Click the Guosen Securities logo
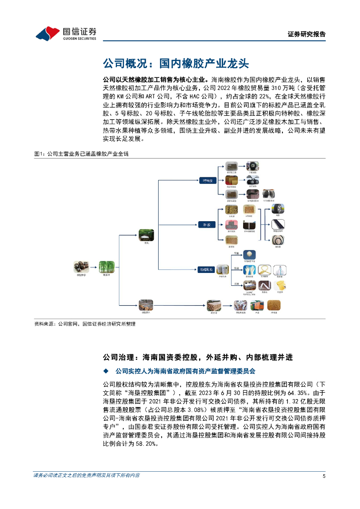(66, 33)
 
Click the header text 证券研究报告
(307, 34)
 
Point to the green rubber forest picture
(106, 266)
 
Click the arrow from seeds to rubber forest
(93, 267)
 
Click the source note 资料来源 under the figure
(85, 324)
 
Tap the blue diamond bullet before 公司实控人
(105, 371)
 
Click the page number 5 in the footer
(324, 476)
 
